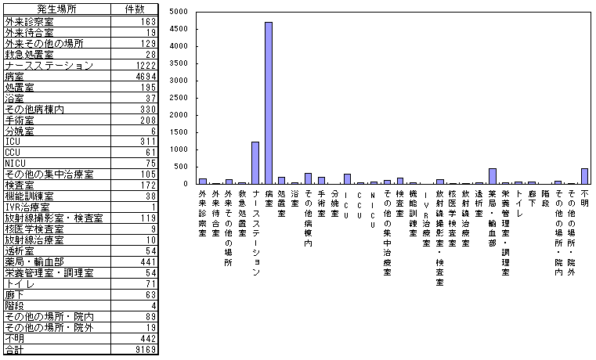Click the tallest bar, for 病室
[x=269, y=103]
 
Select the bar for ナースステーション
[x=255, y=163]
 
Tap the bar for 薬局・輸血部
[x=493, y=176]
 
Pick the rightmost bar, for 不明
[x=584, y=176]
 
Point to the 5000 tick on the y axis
[x=178, y=12]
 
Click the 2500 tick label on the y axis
[x=178, y=98]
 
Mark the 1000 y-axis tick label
[x=178, y=149]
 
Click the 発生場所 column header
[x=56, y=9]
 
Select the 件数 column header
[x=135, y=9]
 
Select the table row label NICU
[x=16, y=163]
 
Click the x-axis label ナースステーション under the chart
[x=255, y=227]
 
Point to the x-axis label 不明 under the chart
[x=584, y=195]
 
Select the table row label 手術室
[x=19, y=120]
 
